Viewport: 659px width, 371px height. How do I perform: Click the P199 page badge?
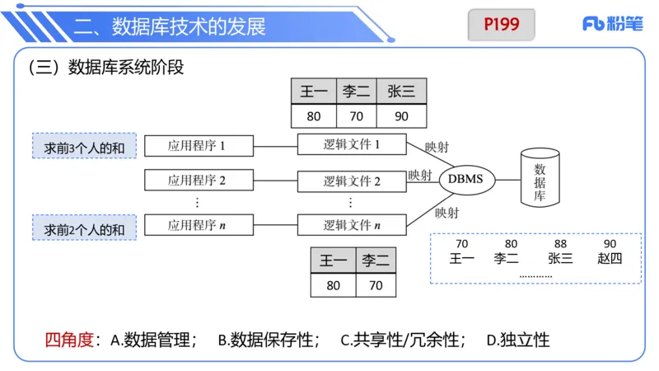pos(502,25)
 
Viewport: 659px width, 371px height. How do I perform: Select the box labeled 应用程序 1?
pos(197,146)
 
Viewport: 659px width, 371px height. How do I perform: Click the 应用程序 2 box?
pos(197,180)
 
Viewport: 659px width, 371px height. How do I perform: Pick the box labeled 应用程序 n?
pos(197,223)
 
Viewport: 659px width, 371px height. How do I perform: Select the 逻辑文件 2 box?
pos(352,181)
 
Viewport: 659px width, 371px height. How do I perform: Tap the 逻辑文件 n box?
pos(352,224)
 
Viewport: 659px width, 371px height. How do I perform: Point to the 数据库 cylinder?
pos(540,178)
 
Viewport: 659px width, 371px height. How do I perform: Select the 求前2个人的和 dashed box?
pos(84,227)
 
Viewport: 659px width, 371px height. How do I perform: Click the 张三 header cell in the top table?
pos(401,92)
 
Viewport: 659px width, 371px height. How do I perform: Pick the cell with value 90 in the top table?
pos(401,116)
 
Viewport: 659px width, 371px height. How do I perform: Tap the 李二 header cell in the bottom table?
pos(376,261)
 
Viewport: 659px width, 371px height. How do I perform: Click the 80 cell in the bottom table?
pos(333,286)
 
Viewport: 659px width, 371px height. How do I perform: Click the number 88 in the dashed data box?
pos(560,244)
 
